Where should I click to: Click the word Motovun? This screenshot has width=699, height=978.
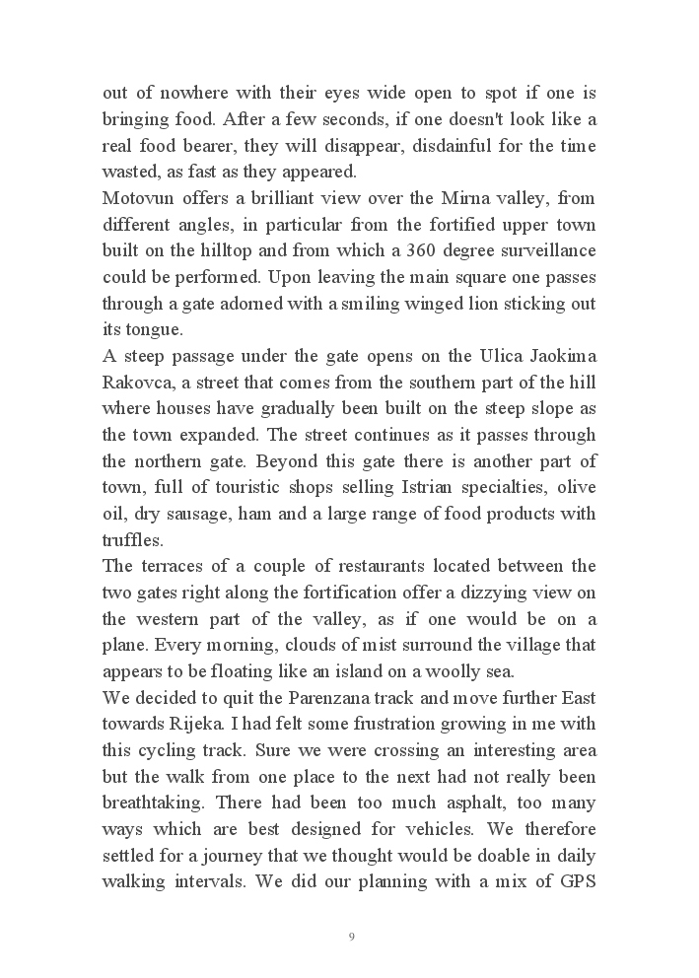coord(135,198)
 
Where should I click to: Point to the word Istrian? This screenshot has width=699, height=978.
coord(427,487)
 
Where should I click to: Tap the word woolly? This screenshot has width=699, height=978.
coord(441,671)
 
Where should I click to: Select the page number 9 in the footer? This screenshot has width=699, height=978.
coord(351,936)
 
